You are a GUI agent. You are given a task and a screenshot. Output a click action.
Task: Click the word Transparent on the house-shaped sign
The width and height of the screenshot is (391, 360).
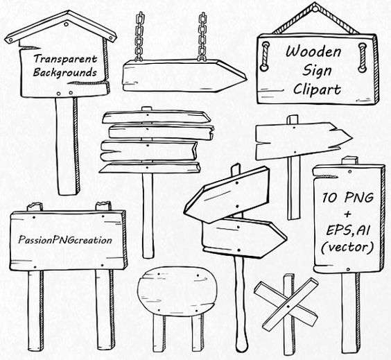[65, 59]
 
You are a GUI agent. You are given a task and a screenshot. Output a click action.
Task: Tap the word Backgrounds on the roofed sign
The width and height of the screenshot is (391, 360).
[65, 73]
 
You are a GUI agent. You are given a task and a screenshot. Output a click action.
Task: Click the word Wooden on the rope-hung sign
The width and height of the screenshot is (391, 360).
[313, 51]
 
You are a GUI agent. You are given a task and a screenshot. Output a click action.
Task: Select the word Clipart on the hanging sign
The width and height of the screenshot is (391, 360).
[317, 89]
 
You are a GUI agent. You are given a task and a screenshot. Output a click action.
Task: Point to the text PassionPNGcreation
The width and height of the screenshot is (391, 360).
[65, 240]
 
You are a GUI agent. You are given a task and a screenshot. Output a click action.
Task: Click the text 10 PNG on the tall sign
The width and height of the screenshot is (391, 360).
[348, 198]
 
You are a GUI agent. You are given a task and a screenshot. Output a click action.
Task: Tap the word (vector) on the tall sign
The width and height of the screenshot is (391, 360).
[347, 247]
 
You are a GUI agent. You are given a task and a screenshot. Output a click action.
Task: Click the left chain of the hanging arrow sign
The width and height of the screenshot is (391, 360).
[139, 37]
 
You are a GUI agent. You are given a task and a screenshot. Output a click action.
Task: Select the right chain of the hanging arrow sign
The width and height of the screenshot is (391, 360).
[202, 37]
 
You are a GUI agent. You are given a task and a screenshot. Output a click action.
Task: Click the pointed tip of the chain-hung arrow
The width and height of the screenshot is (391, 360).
[246, 78]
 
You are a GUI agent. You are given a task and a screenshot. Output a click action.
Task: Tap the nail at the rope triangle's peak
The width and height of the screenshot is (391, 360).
[316, 10]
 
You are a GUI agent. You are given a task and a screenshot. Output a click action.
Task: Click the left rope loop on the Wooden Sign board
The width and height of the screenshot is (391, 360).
[265, 56]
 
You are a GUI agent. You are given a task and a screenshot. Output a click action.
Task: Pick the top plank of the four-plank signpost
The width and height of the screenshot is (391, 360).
[157, 117]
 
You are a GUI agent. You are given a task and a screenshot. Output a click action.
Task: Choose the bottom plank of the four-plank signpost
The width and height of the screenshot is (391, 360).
[150, 168]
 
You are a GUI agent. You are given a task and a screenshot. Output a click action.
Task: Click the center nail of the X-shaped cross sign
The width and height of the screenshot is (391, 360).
[288, 306]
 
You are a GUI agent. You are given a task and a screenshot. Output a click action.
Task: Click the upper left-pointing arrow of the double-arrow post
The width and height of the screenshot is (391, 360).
[227, 195]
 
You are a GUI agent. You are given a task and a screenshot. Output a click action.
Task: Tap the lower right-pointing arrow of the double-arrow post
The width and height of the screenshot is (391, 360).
[244, 237]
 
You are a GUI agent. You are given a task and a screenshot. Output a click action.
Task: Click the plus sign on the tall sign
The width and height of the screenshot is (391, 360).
[347, 214]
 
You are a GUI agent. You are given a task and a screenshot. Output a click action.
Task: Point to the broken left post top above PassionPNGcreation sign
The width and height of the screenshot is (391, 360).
[35, 207]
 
